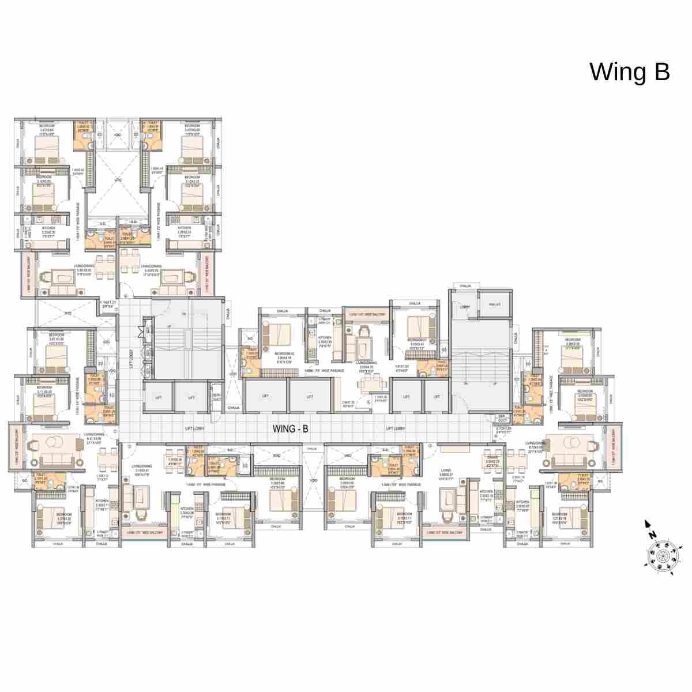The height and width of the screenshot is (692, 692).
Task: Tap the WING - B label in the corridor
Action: point(291,428)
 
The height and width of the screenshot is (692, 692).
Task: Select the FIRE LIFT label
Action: point(494,304)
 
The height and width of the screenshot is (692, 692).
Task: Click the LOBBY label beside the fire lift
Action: point(465,307)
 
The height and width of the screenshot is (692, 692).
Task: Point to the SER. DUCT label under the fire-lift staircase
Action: point(502,416)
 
